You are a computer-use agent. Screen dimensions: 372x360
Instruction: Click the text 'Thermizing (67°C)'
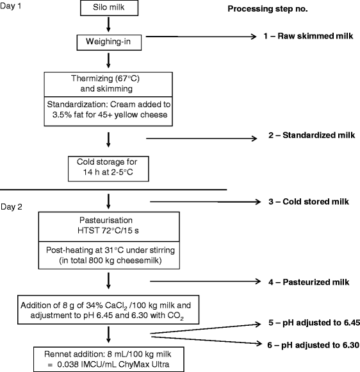tap(107, 79)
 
